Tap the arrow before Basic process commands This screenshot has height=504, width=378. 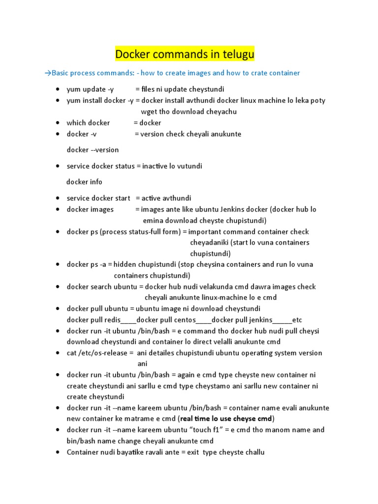[48, 73]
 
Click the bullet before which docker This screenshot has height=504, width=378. [58, 123]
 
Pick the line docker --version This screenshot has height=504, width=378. [93, 150]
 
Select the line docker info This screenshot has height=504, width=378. [84, 182]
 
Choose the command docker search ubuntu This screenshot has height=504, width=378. [98, 287]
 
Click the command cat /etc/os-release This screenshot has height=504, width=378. [97, 353]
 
